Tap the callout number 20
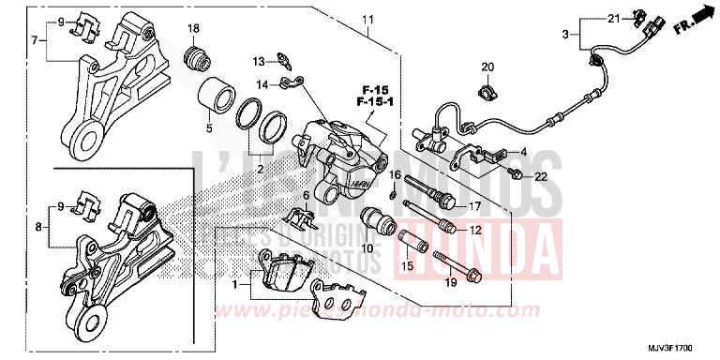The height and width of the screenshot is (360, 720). [x=487, y=67]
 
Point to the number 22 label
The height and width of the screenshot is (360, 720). [x=541, y=178]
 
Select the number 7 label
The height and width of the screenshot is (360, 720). [x=35, y=40]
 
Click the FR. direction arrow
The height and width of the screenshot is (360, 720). [x=696, y=20]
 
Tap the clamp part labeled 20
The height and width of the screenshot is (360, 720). [x=487, y=92]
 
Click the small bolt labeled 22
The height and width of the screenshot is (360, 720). [x=517, y=173]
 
